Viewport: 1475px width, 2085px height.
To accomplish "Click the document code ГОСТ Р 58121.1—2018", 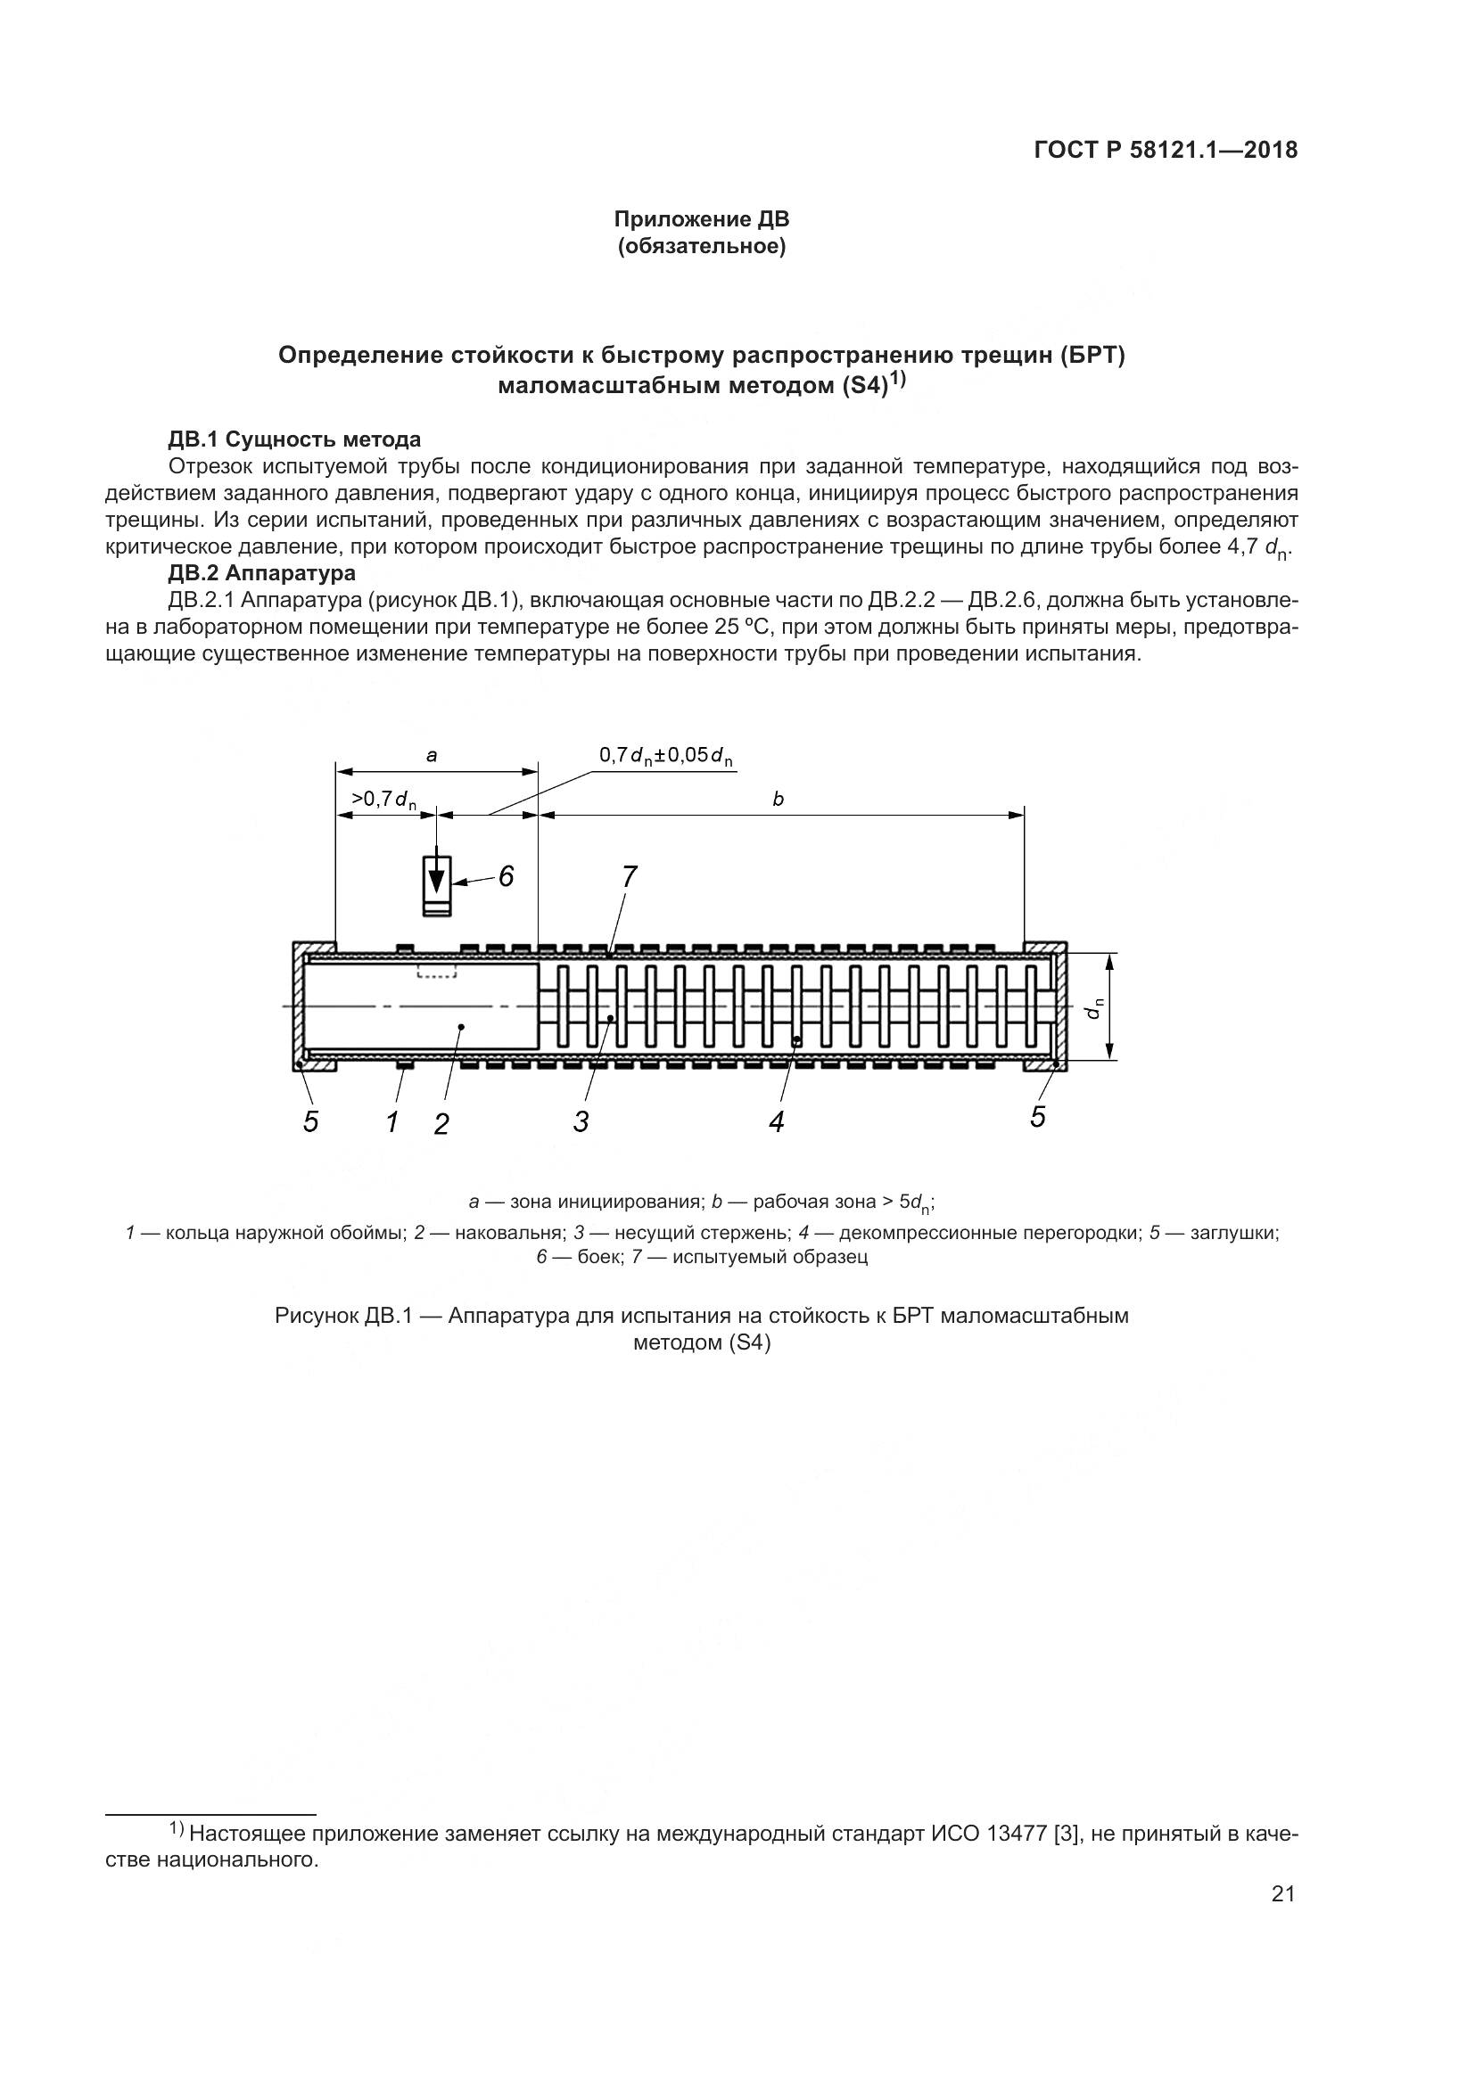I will point(1166,151).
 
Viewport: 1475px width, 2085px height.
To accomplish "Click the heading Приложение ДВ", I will point(701,219).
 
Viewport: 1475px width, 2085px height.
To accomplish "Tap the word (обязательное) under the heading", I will point(701,246).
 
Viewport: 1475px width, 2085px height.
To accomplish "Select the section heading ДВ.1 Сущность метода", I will point(294,439).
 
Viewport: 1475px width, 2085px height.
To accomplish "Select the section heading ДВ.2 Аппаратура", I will point(261,573).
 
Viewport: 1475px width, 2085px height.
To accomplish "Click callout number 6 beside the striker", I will point(506,876).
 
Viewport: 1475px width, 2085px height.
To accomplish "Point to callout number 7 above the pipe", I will point(629,876).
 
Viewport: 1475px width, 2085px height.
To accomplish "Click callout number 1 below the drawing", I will point(392,1122).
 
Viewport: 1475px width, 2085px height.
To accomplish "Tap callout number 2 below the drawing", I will point(441,1124).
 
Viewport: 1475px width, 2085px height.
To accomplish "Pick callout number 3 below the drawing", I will point(581,1122).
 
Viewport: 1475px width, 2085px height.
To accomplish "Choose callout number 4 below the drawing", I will point(776,1122).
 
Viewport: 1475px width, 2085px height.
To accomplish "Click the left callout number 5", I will point(310,1122).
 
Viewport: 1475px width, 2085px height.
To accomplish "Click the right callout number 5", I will point(1038,1117).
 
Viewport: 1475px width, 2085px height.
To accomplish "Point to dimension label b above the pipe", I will point(778,799).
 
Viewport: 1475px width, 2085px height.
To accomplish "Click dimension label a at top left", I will point(433,755).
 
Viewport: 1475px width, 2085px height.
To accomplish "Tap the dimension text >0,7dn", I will point(383,800).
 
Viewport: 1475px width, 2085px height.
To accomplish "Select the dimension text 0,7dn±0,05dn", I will point(665,756).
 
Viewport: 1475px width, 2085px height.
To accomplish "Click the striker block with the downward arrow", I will point(437,884).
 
